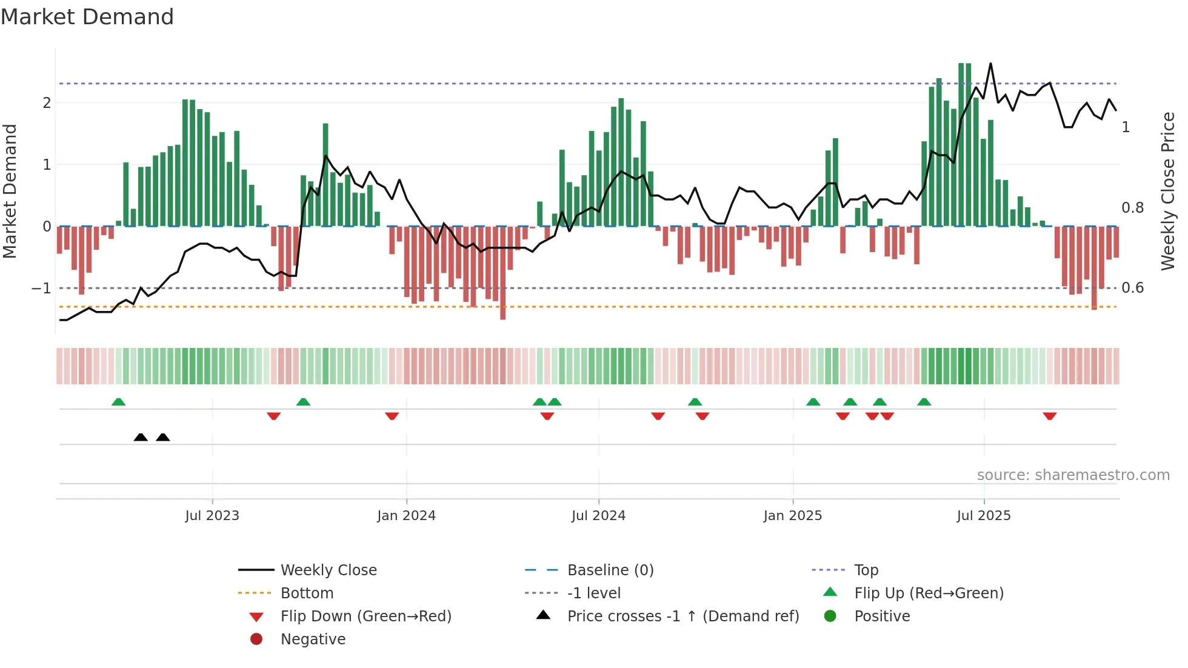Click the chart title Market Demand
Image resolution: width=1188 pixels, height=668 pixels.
click(87, 17)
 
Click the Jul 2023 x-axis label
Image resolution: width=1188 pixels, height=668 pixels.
click(212, 516)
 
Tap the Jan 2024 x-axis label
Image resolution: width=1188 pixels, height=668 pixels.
click(406, 516)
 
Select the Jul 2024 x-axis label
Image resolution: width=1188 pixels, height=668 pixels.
click(598, 516)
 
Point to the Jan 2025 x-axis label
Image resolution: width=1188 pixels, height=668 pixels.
click(792, 516)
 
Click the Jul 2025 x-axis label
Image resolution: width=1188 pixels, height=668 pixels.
click(984, 516)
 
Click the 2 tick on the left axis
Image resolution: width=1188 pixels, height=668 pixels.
click(47, 102)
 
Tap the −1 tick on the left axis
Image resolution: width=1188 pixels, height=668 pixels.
click(42, 288)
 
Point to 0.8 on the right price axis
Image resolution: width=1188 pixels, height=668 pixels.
click(1132, 208)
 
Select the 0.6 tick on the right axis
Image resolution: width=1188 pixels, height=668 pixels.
click(1132, 288)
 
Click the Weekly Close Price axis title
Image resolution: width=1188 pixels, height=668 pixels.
click(1167, 191)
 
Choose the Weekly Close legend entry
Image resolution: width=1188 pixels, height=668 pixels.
click(328, 570)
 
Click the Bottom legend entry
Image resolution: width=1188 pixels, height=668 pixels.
click(307, 593)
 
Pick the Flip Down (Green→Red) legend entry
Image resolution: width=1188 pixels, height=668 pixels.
click(365, 616)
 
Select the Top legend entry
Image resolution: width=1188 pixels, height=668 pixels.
click(866, 570)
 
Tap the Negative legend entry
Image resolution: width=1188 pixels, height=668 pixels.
click(313, 640)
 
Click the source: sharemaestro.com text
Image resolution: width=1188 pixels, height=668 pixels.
click(1073, 475)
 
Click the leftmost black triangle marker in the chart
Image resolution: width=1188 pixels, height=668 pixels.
click(141, 437)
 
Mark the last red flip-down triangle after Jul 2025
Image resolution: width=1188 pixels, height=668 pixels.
click(1050, 416)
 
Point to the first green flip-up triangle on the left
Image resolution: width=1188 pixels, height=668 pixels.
click(119, 402)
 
